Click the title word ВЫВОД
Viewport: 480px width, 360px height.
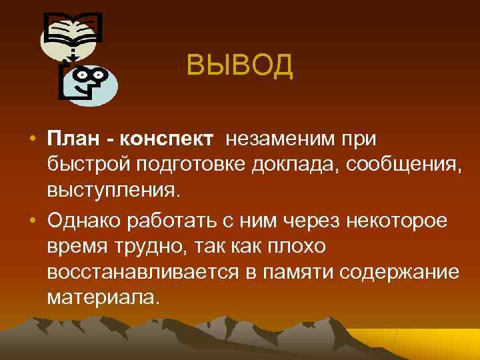(239, 65)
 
